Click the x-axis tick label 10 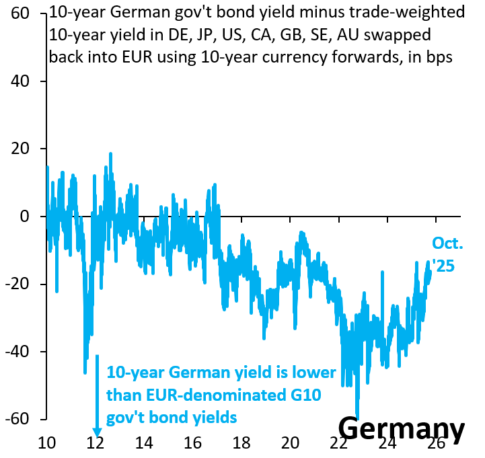point(46,444)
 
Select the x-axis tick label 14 point(144,444)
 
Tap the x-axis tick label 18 point(241,444)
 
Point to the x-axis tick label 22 point(338,444)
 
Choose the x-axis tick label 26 point(436,444)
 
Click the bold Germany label point(401,428)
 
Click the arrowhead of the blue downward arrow point(96,432)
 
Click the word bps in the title point(441,57)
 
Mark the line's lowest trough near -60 point(357,418)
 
